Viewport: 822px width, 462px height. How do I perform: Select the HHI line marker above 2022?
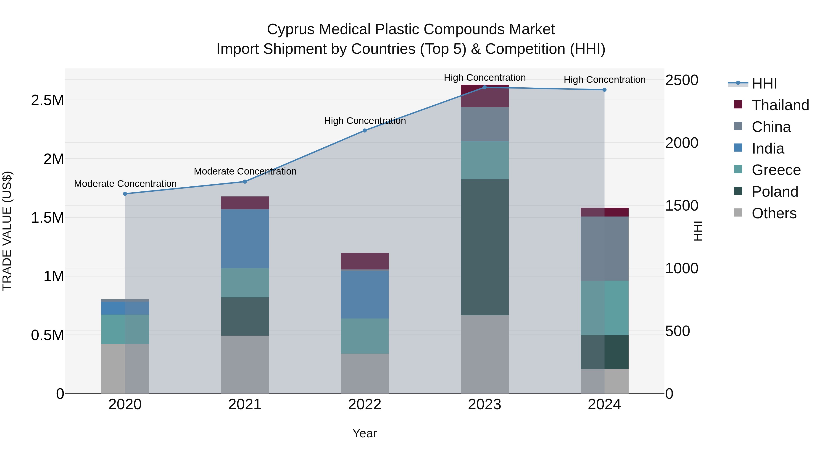(365, 131)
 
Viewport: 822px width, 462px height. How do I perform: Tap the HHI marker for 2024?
(604, 90)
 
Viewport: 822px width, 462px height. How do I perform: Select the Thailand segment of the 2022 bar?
(365, 261)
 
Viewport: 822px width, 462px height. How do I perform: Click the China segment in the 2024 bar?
(604, 248)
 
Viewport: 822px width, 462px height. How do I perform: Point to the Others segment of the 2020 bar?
(125, 369)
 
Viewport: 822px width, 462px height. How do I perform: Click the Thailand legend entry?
(780, 105)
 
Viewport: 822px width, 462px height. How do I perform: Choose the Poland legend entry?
(775, 192)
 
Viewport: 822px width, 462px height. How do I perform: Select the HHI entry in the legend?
(764, 84)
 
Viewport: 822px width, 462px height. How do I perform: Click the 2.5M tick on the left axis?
(47, 100)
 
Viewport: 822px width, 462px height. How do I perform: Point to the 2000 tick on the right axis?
(682, 143)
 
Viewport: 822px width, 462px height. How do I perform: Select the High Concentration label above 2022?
(365, 121)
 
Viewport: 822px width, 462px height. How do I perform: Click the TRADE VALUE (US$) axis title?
(7, 231)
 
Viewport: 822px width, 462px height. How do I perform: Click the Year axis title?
(364, 433)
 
